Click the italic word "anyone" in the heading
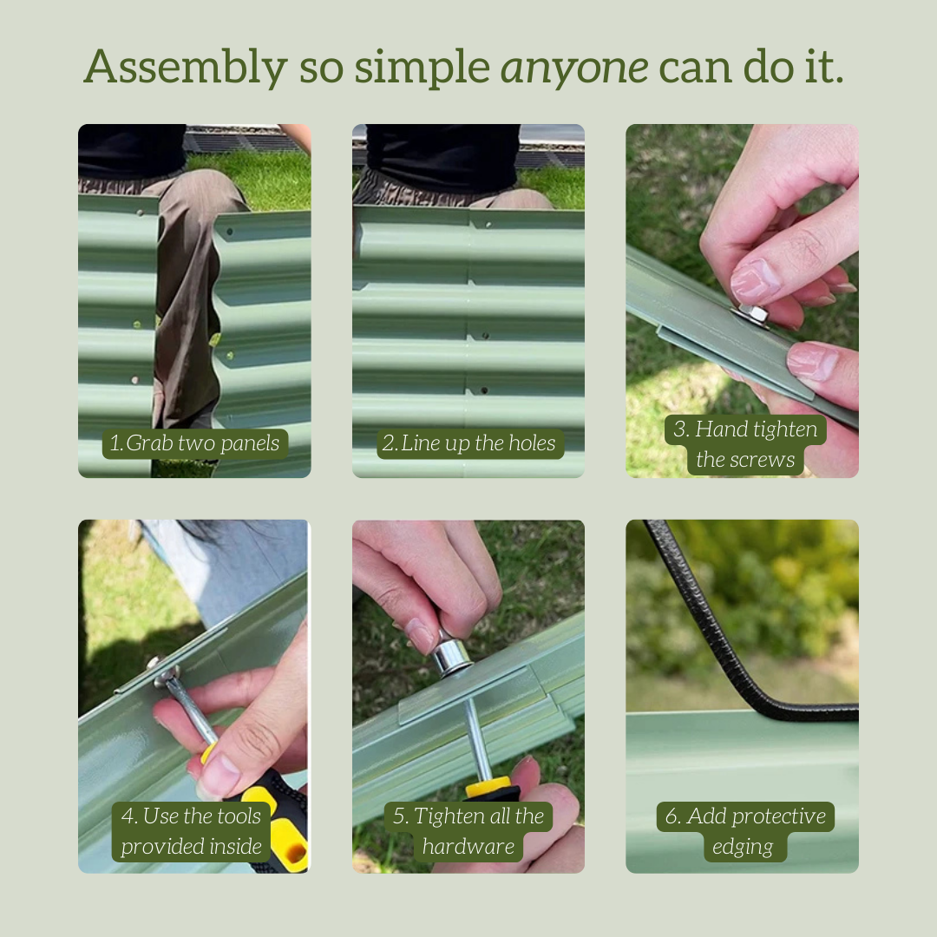click(x=574, y=68)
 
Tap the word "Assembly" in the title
click(x=186, y=67)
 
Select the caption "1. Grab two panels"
click(x=195, y=443)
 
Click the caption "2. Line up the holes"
click(x=469, y=443)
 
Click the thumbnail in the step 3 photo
click(x=755, y=279)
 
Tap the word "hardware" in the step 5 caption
click(x=468, y=847)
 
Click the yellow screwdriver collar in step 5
click(x=488, y=787)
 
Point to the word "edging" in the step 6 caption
click(x=742, y=848)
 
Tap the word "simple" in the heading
click(x=423, y=68)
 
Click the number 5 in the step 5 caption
click(x=399, y=817)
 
